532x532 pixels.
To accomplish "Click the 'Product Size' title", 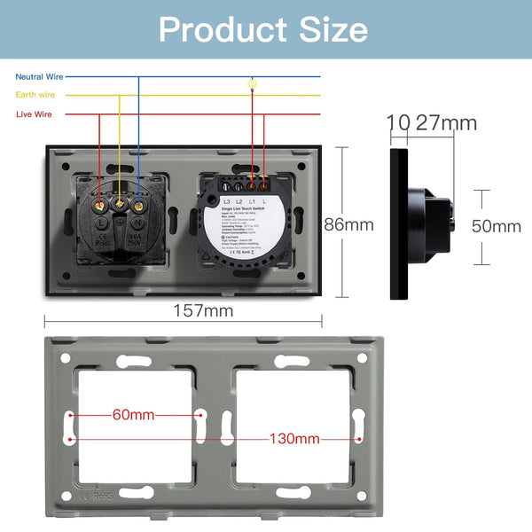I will (263, 29).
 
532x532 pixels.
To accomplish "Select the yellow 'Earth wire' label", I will (35, 95).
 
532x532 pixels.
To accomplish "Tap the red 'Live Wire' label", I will (34, 114).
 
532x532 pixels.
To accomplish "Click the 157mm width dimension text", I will (204, 310).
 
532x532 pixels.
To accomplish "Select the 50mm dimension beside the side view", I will (496, 225).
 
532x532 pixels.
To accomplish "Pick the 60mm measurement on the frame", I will (133, 414).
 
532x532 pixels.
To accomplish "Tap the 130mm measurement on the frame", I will (294, 438).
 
